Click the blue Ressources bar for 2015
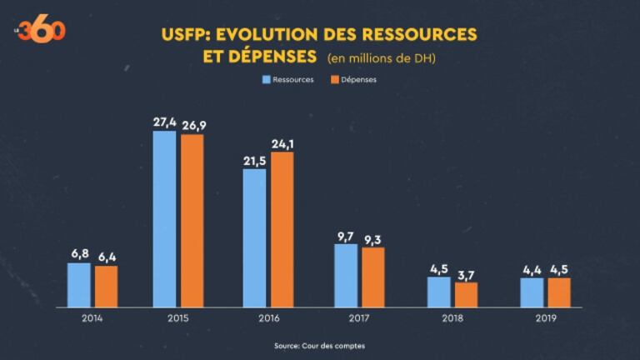(164, 218)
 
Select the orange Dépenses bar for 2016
(282, 229)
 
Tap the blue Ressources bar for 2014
(79, 284)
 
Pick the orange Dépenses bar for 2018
(466, 294)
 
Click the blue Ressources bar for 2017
(346, 275)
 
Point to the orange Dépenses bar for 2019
(559, 292)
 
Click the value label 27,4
(164, 122)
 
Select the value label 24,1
(282, 143)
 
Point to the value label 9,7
(346, 236)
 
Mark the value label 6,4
(106, 257)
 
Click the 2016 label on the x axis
(268, 318)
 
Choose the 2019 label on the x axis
(546, 318)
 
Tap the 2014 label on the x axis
(92, 318)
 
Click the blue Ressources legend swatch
(267, 80)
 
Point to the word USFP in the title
(182, 35)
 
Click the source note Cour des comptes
(319, 346)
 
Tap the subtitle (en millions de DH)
(382, 58)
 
